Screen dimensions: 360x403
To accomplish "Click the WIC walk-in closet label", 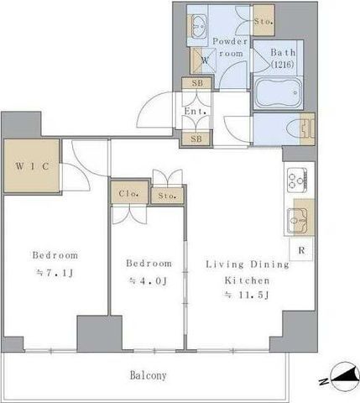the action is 32,166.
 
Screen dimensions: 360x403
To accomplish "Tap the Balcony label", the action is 149,375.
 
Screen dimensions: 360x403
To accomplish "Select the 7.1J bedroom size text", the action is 55,273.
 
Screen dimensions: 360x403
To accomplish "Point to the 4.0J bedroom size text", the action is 149,280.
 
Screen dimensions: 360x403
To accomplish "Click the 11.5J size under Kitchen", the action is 247,295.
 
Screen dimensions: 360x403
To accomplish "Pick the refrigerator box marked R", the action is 301,249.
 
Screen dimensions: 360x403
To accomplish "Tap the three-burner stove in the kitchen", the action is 297,180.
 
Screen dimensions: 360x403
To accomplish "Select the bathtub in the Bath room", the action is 279,92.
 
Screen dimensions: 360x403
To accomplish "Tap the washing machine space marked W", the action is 203,60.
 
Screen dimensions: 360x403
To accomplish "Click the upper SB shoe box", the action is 197,83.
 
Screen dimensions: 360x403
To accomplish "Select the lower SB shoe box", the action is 196,139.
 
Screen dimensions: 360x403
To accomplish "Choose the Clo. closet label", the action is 128,193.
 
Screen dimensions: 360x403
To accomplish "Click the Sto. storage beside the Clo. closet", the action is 167,196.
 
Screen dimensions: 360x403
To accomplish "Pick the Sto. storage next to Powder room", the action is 263,21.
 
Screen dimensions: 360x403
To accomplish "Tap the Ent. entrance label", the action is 196,111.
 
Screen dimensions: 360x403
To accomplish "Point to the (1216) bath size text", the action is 283,65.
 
